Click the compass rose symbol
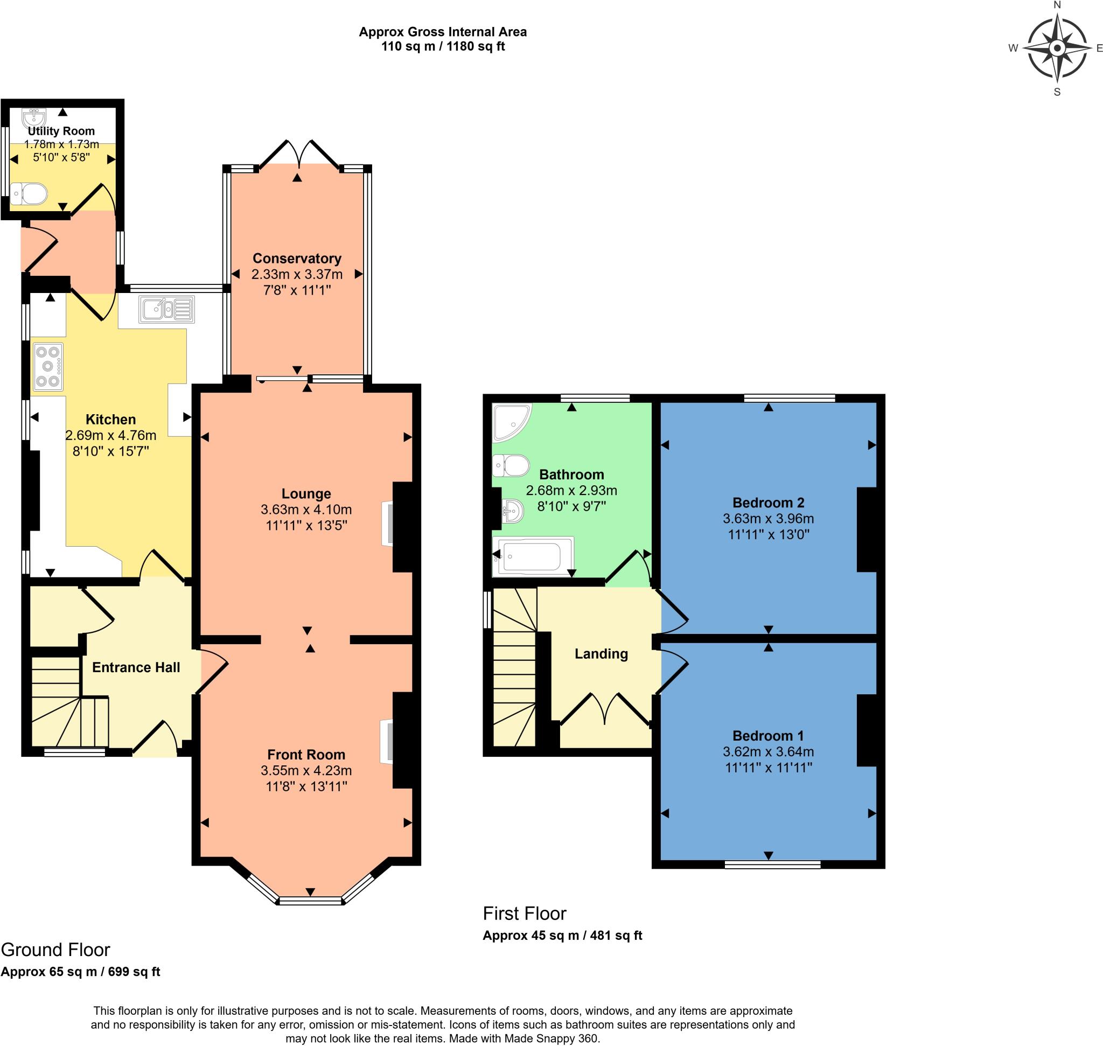1056,48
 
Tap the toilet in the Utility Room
29,194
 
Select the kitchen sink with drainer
167,310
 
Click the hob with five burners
48,366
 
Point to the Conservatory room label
297,258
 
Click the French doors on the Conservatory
299,154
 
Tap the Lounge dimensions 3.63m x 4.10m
305,509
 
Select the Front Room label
305,754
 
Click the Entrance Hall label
136,667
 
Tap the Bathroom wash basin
512,510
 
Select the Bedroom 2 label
768,503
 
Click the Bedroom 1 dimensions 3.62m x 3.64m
768,751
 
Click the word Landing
601,653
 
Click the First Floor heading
524,913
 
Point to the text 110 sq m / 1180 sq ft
442,46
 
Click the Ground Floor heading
55,949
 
